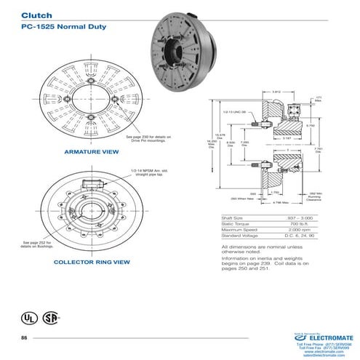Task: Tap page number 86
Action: pos(24,339)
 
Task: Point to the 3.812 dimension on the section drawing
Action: pos(276,92)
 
